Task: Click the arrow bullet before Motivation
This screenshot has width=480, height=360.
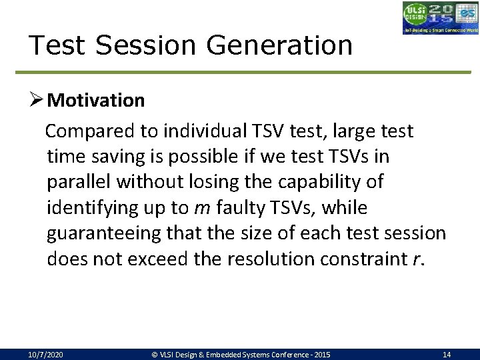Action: (x=37, y=101)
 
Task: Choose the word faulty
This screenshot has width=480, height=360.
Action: (x=235, y=208)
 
